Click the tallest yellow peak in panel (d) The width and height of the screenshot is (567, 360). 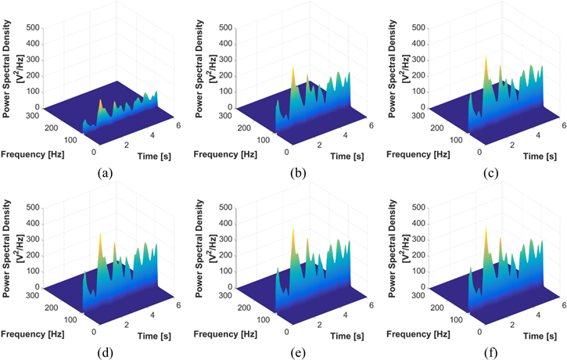coord(100,236)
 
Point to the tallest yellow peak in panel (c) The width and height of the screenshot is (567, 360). coord(486,59)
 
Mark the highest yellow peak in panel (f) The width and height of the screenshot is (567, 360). coord(486,232)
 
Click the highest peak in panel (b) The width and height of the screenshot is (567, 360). coord(293,70)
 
